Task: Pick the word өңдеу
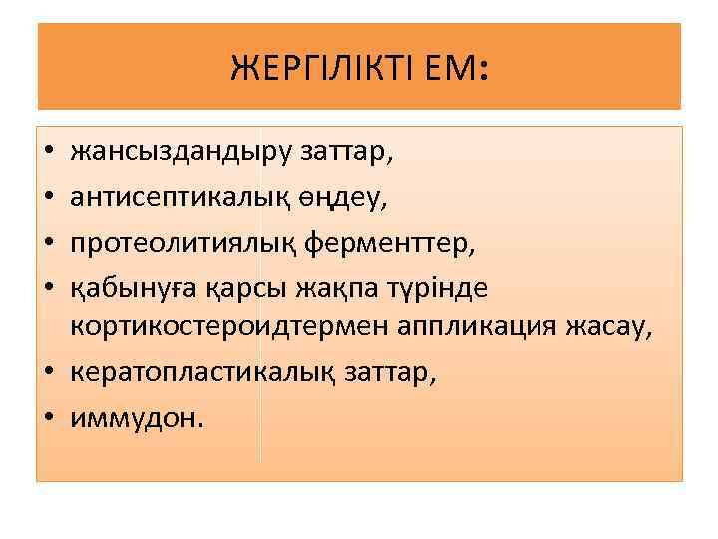[x=355, y=199]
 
